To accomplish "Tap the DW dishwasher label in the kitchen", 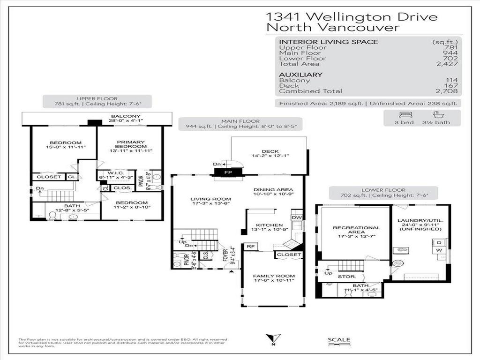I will [x=296, y=217].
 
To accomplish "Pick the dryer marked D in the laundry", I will [x=439, y=243].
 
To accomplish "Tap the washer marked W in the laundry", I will [x=439, y=250].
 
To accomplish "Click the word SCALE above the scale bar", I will [x=339, y=340].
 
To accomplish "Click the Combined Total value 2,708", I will [x=448, y=91].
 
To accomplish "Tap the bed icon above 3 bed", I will [x=404, y=114].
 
